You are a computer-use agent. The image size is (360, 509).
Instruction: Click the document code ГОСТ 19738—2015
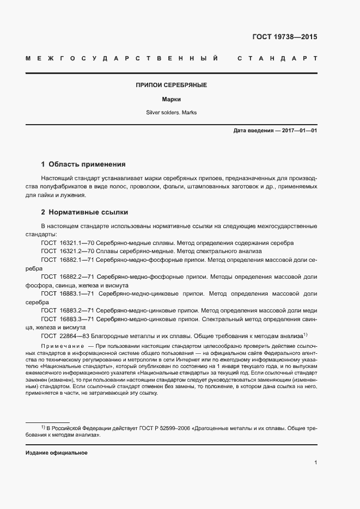pyautogui.click(x=285, y=37)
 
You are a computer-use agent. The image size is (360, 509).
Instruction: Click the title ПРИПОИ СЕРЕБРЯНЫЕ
pyautogui.click(x=171, y=85)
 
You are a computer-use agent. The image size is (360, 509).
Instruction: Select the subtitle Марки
pyautogui.click(x=171, y=100)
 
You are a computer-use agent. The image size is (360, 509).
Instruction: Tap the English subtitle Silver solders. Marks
pyautogui.click(x=171, y=113)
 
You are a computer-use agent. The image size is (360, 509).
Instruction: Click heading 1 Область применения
pyautogui.click(x=83, y=164)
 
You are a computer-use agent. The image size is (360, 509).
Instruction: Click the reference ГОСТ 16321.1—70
pyautogui.click(x=68, y=242)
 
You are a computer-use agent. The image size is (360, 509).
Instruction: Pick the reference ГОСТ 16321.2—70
pyautogui.click(x=68, y=251)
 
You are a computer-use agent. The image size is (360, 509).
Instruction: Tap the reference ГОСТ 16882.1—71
pyautogui.click(x=68, y=260)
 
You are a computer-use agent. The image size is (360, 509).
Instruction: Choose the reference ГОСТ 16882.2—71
pyautogui.click(x=68, y=277)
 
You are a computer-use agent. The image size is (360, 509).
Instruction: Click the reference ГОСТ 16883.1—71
pyautogui.click(x=68, y=293)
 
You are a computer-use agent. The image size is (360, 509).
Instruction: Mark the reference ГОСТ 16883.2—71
pyautogui.click(x=68, y=310)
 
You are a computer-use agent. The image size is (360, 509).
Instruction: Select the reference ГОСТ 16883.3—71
pyautogui.click(x=68, y=319)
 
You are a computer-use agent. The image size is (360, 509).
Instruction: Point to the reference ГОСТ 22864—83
pyautogui.click(x=65, y=336)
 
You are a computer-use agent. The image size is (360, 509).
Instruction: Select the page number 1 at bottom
pyautogui.click(x=315, y=463)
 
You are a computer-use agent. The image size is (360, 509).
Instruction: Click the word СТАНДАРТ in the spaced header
pyautogui.click(x=277, y=58)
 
